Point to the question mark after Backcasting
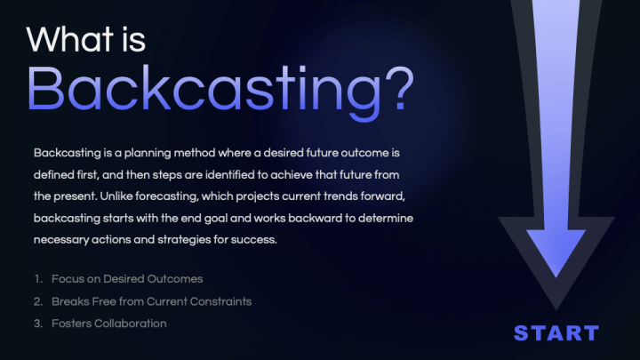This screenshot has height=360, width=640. coord(396,87)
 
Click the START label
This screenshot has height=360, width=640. coord(556,333)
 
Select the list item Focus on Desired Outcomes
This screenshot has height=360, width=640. coord(127,279)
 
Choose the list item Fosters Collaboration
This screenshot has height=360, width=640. coord(108,324)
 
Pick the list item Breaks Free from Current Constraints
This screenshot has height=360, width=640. coord(151,301)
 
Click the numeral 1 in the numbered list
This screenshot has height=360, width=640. coord(38,279)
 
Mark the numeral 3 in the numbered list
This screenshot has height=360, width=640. coord(38,324)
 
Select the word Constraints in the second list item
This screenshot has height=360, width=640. coord(218,301)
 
